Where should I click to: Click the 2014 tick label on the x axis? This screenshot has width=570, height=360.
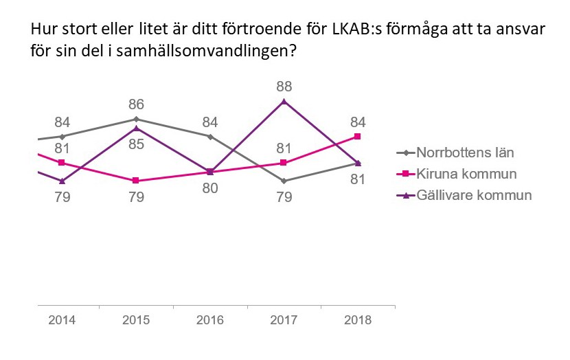coord(62,320)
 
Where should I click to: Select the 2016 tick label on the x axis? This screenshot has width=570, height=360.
coord(210,320)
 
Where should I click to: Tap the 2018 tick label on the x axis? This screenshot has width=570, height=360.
coord(358,320)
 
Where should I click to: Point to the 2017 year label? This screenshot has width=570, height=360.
coord(284,320)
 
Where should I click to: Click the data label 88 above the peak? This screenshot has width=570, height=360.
coord(284,86)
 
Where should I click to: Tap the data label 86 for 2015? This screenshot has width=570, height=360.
coord(137,104)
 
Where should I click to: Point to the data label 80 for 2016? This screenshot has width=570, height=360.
coord(210,188)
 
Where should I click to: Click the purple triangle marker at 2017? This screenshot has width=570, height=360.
coord(284,102)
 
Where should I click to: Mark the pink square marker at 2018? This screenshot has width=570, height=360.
coord(358,136)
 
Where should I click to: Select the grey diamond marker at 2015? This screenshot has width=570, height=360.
coord(137,119)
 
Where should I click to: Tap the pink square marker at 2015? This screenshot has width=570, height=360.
coord(137,181)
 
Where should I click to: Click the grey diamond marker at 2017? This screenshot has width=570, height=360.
coord(284,181)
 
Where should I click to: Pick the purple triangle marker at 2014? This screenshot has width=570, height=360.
coord(62,181)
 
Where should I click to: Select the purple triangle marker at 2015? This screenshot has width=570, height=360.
coord(137,128)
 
